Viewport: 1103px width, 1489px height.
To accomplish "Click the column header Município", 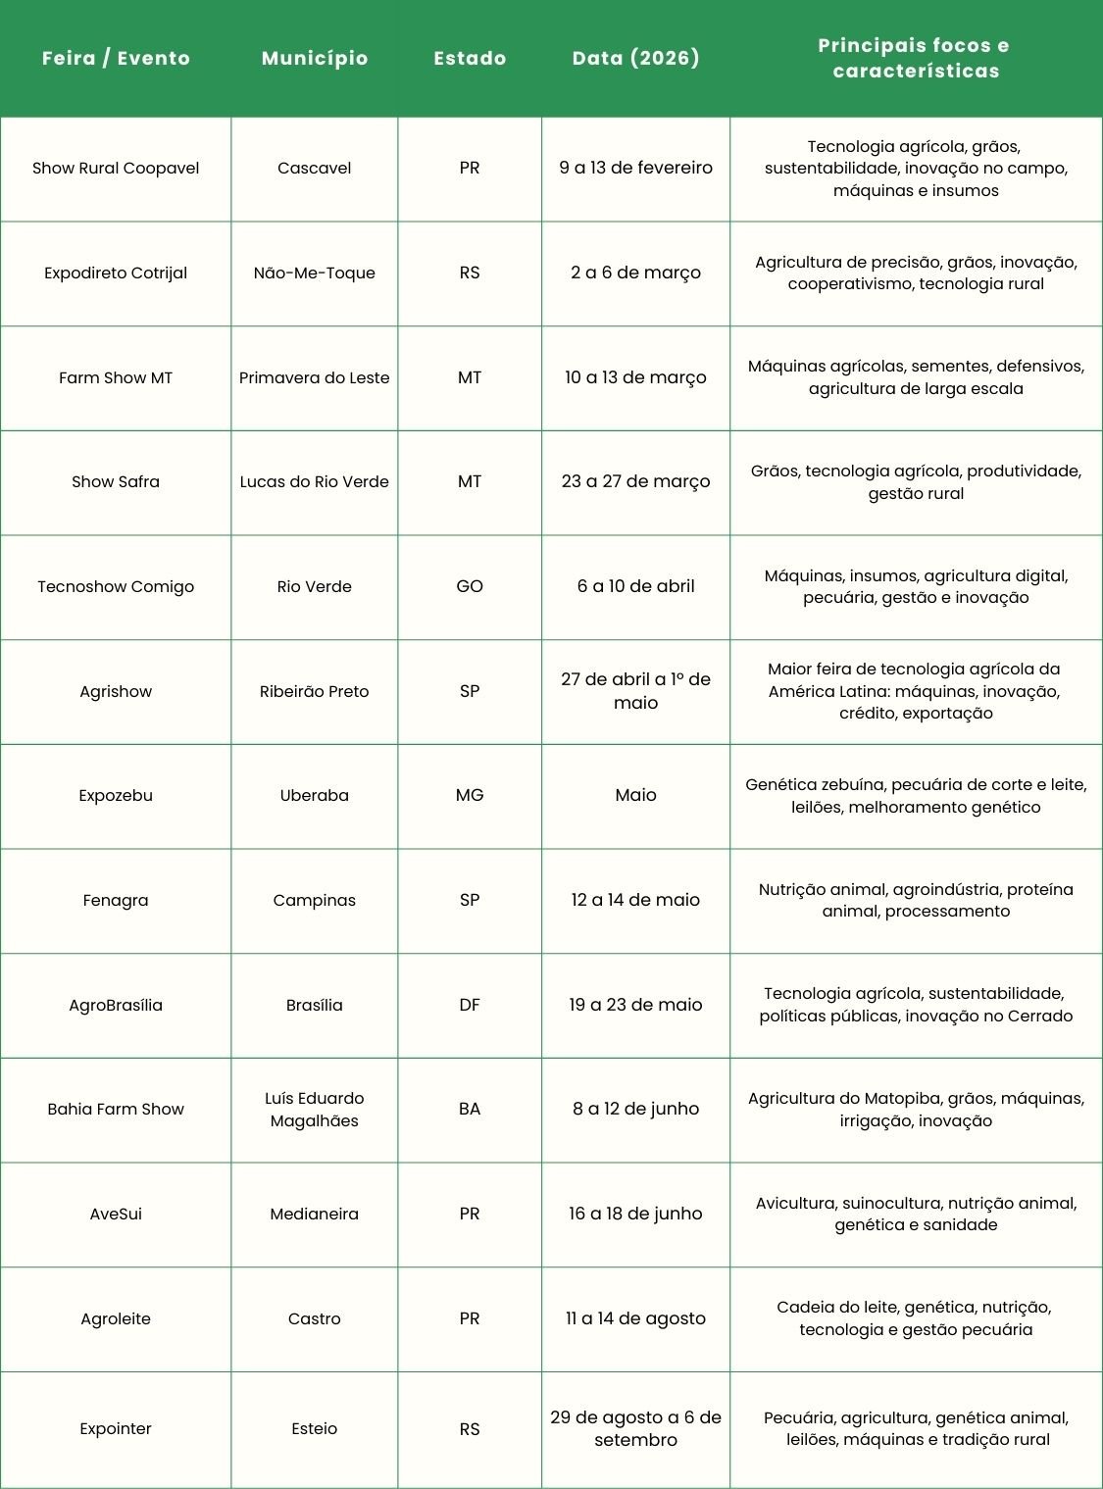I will (x=315, y=58).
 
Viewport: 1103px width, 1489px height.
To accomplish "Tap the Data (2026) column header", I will (x=635, y=58).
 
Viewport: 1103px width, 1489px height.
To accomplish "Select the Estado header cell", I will (x=470, y=58).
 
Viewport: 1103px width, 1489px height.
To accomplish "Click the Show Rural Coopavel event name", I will (x=116, y=169).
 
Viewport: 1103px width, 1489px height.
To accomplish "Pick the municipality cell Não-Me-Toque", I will (x=315, y=273).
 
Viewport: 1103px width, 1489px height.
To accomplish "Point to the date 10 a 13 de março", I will (x=635, y=377).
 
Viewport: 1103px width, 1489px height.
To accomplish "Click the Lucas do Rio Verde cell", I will (x=315, y=481).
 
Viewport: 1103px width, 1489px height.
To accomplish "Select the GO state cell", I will (x=470, y=586).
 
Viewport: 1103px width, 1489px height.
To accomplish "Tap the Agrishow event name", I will (x=116, y=691).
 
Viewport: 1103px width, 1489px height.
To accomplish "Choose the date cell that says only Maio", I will (x=635, y=795).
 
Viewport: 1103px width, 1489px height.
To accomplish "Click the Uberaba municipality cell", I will (x=315, y=795).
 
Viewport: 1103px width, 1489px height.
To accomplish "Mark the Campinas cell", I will (x=315, y=900).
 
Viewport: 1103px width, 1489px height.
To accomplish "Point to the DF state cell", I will (x=470, y=1005).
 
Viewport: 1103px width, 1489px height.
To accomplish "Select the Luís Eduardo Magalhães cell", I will (x=315, y=1110).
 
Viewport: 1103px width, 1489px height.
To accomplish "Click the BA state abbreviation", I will (x=470, y=1109).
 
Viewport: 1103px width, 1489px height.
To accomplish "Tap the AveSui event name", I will (x=116, y=1214).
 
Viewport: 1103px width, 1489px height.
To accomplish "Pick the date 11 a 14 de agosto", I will (x=635, y=1318).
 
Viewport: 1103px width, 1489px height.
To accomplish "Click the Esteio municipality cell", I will (x=315, y=1428).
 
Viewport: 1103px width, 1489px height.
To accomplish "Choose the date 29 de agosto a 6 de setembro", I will (x=635, y=1428).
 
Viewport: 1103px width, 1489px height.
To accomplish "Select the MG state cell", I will (x=470, y=795).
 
